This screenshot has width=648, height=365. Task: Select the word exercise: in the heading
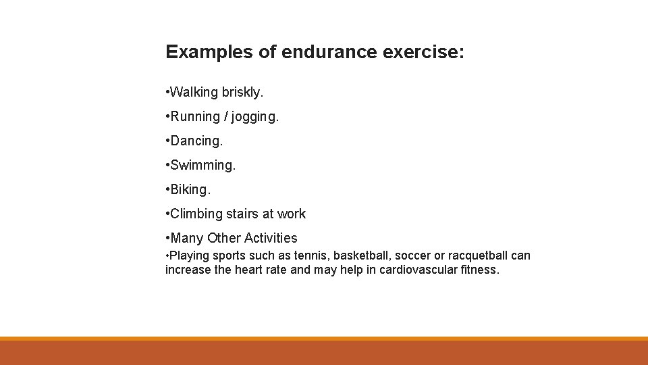click(423, 53)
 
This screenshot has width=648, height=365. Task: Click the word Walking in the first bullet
click(194, 92)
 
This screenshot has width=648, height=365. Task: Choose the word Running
click(196, 116)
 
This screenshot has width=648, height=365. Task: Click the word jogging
click(254, 117)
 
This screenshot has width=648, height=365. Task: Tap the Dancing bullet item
click(196, 141)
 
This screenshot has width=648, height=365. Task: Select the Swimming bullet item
click(202, 165)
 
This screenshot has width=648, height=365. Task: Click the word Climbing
click(196, 214)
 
